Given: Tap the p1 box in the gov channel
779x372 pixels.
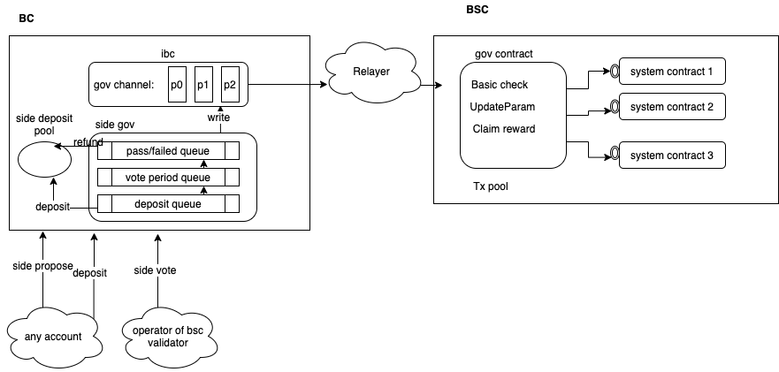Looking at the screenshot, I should [x=203, y=85].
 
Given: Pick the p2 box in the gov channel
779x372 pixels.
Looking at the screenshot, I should [x=231, y=85].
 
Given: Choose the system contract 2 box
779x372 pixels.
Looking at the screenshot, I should [x=672, y=107].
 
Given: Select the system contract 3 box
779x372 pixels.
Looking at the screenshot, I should [x=672, y=156].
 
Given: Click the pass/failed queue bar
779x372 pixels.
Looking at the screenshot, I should [x=169, y=150].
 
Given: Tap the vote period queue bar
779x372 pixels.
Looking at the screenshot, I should [x=169, y=177].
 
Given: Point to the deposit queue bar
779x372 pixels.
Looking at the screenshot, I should [x=169, y=204].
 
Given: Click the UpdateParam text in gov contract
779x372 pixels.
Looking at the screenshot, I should [x=502, y=107].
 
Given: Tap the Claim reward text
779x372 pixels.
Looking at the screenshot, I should [x=502, y=129].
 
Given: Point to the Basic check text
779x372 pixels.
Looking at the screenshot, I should [x=500, y=85].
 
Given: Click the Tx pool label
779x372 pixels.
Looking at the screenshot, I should [x=491, y=186].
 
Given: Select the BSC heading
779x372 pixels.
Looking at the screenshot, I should [x=477, y=10].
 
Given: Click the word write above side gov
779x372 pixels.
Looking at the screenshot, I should [x=219, y=118].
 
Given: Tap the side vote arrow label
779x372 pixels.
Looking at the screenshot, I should [x=157, y=270].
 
